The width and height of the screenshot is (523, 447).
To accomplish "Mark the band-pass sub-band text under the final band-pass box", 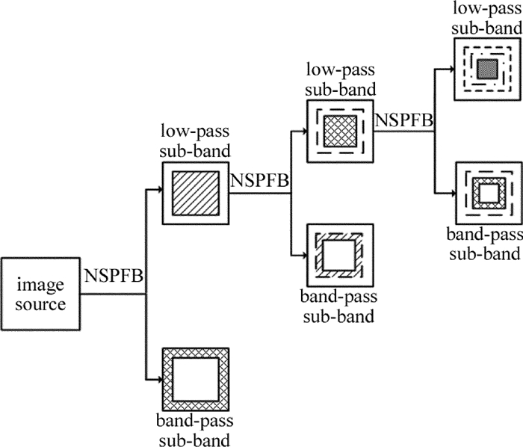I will (x=488, y=247).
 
